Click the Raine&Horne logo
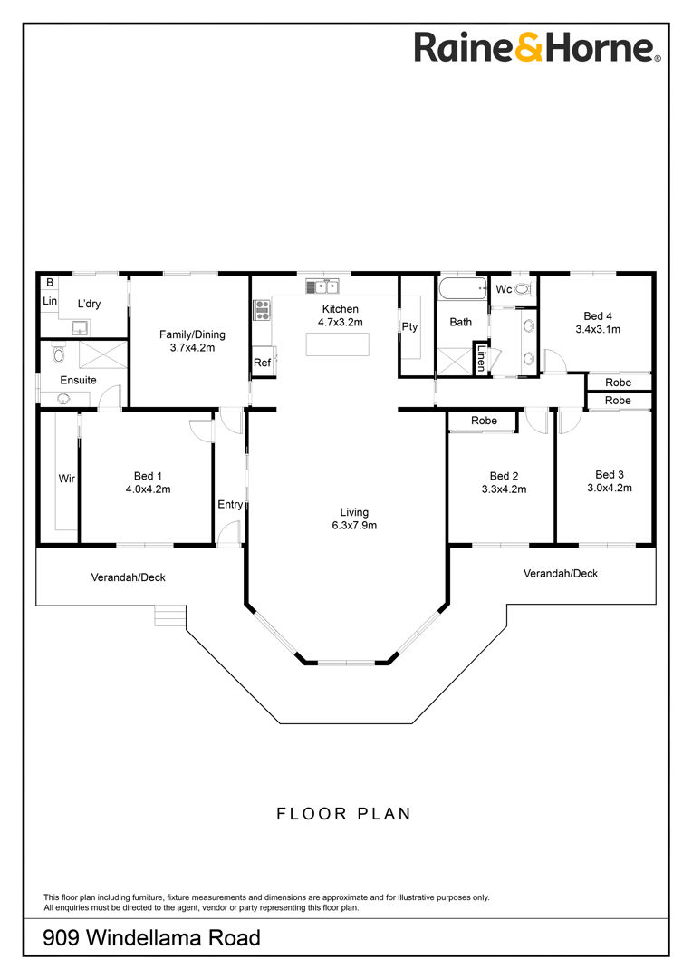[536, 48]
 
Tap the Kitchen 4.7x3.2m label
[340, 315]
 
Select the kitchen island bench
[337, 344]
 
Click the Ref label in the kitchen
[262, 363]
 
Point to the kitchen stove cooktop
[262, 310]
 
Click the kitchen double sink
[322, 286]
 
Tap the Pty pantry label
[409, 326]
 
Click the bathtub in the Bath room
[462, 288]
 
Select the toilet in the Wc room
[523, 289]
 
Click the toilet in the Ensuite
[59, 355]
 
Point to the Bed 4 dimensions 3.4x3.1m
[598, 330]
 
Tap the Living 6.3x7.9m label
[354, 519]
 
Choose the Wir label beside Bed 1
[67, 479]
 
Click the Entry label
[230, 505]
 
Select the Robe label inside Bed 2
[485, 421]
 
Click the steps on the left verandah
[170, 615]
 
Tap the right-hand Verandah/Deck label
[561, 573]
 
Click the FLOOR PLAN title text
[344, 814]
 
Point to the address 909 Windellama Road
[151, 938]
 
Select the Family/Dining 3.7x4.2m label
[192, 341]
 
